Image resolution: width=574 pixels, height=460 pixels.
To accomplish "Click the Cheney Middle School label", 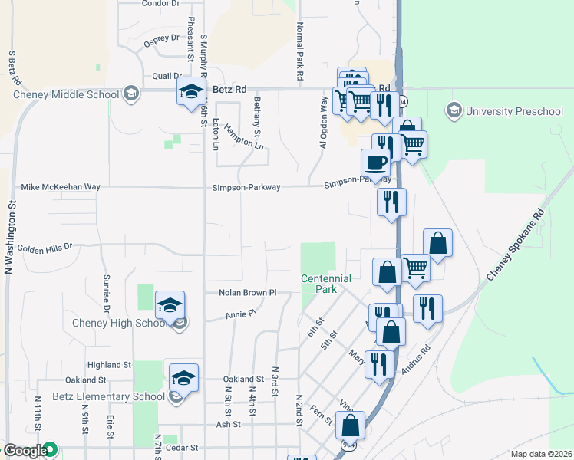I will click(66, 94).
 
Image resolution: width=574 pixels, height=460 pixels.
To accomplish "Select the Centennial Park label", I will click(325, 284).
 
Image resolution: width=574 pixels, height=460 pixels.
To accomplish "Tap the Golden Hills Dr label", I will click(44, 248).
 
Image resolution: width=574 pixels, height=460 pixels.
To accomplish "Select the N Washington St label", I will click(11, 238).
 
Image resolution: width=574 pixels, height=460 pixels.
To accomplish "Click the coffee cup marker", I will click(375, 163).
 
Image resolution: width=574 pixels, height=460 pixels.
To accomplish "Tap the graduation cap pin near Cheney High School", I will click(170, 306).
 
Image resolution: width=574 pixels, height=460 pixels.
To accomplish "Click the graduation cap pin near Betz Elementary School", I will click(183, 378).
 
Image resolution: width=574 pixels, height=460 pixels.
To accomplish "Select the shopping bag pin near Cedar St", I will click(351, 426).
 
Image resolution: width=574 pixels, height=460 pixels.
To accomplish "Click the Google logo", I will click(25, 452).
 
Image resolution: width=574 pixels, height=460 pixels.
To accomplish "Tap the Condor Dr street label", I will click(160, 3).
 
